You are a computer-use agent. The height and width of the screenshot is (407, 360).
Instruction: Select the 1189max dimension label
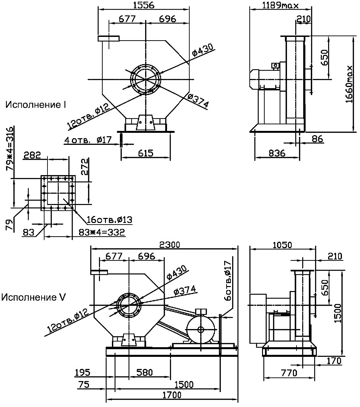(280, 5)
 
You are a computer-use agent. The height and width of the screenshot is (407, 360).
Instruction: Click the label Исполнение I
(36, 105)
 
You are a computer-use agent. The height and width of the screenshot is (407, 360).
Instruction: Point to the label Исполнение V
(33, 297)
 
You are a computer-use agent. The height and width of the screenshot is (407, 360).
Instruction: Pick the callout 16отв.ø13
(109, 220)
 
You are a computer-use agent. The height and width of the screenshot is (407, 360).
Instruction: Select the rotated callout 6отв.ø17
(227, 281)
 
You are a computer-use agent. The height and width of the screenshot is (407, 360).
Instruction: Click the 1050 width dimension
(282, 245)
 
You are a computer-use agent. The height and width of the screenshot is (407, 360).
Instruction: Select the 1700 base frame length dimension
(172, 395)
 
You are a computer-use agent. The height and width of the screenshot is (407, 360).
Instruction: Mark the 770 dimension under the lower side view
(288, 373)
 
